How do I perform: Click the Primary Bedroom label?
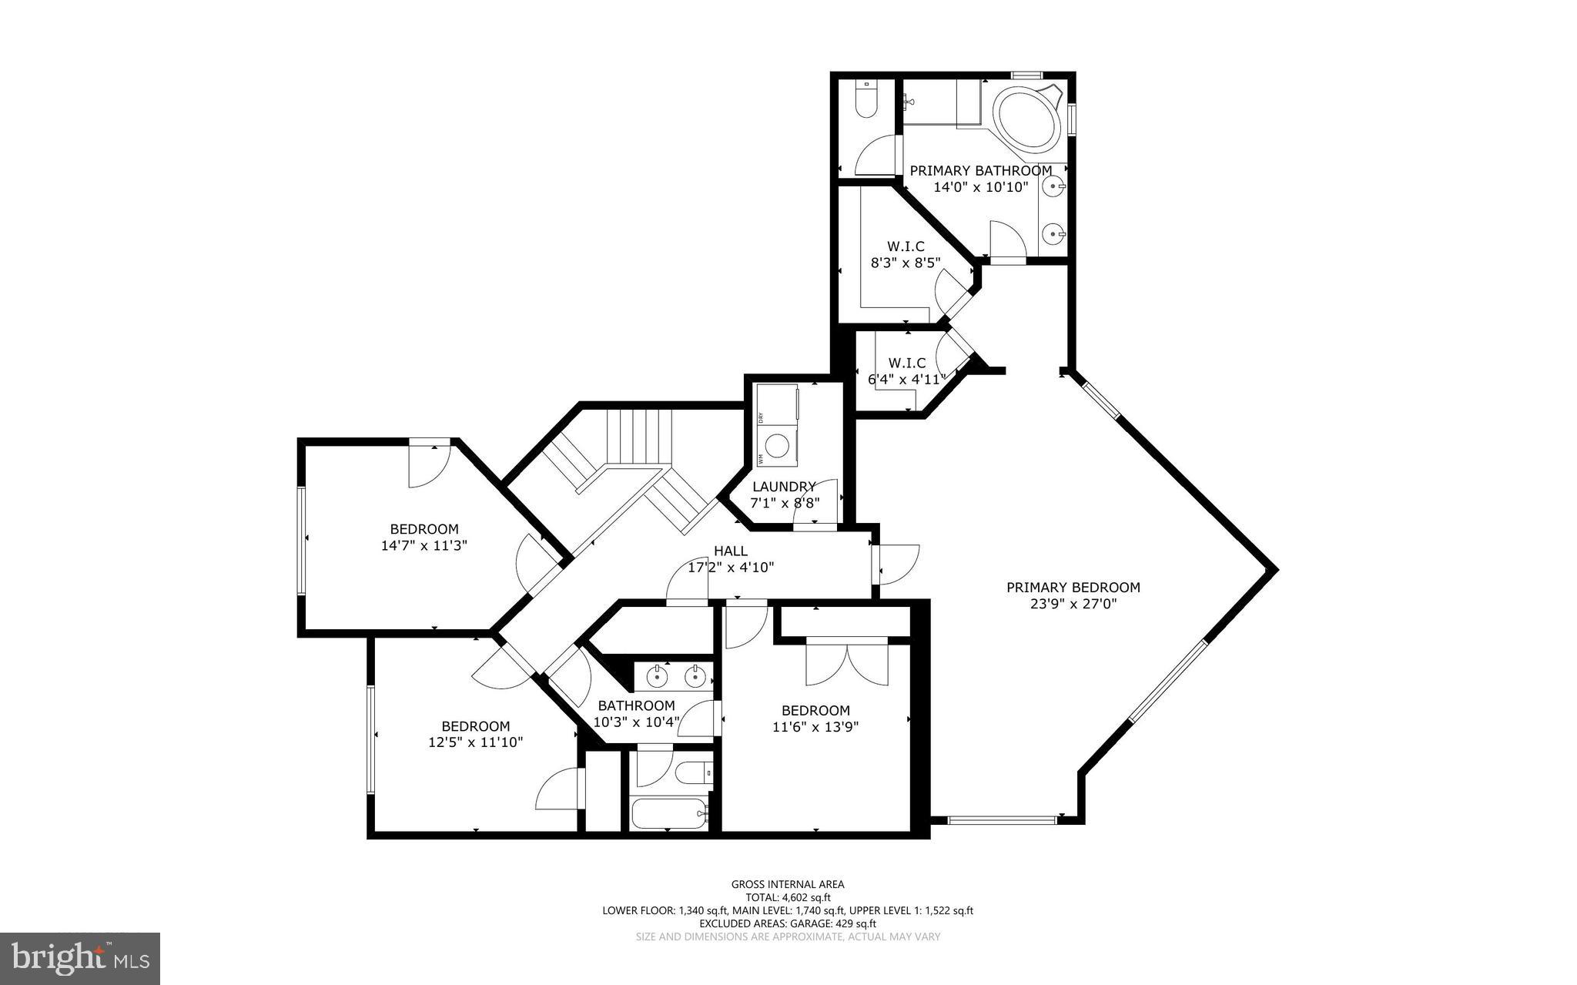(x=1073, y=588)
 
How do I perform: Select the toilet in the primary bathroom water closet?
(x=867, y=102)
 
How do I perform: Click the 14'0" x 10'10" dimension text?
(x=980, y=187)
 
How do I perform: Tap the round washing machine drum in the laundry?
(x=778, y=445)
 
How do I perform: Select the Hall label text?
(x=730, y=551)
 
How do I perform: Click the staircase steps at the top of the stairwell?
(x=639, y=436)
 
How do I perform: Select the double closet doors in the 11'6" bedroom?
(x=847, y=663)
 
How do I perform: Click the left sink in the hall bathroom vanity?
(x=657, y=678)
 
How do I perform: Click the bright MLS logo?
(x=80, y=958)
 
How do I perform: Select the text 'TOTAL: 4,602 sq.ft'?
(x=787, y=897)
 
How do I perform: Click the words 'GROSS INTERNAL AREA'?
(x=787, y=884)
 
